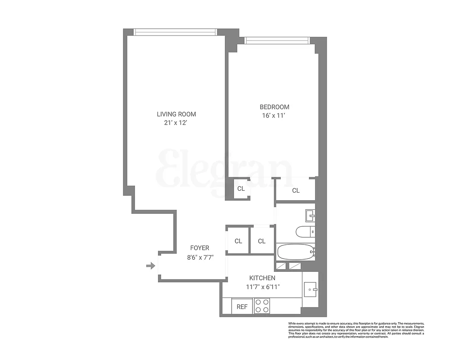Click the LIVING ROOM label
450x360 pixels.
click(x=176, y=114)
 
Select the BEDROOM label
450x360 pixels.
click(x=274, y=107)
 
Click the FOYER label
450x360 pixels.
click(x=199, y=248)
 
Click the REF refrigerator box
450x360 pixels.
click(x=242, y=307)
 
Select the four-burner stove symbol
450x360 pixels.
click(x=262, y=306)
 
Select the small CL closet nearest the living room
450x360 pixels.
click(x=241, y=189)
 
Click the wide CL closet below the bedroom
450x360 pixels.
click(x=296, y=190)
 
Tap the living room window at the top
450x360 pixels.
click(x=175, y=32)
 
